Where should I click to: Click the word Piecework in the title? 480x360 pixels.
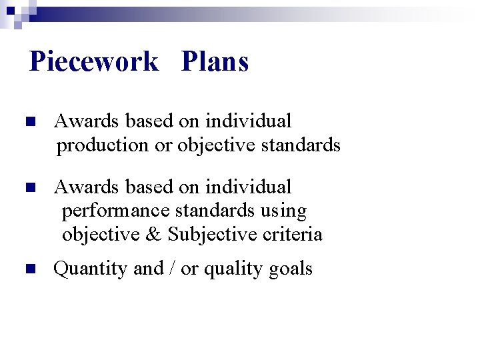click(94, 62)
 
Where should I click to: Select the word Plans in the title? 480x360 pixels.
click(215, 62)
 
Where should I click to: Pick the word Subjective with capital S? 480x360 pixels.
click(212, 235)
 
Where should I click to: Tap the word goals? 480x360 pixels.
click(290, 269)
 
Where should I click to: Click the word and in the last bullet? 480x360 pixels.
click(148, 269)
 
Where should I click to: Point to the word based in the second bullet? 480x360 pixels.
click(148, 187)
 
